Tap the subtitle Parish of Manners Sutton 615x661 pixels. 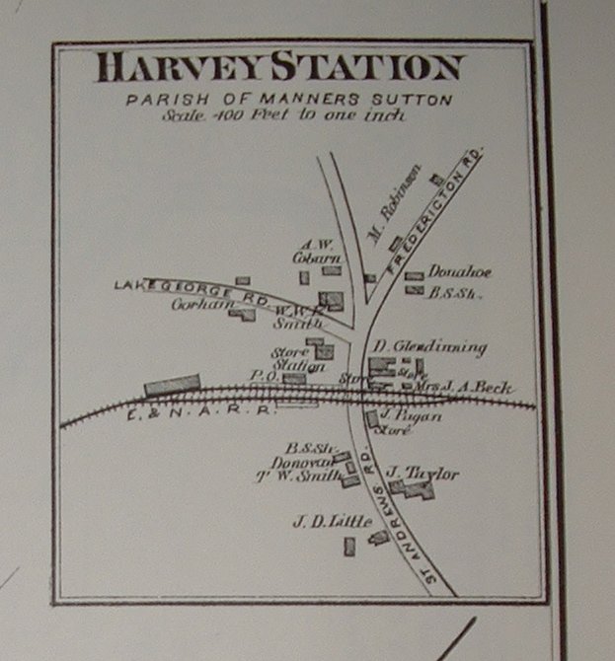point(288,100)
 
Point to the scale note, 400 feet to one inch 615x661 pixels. point(286,114)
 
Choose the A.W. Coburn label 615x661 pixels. point(315,251)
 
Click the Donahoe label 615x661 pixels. point(460,271)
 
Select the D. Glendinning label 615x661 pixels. point(429,347)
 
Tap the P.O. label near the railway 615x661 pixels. point(261,376)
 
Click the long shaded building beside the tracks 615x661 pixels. point(173,385)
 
